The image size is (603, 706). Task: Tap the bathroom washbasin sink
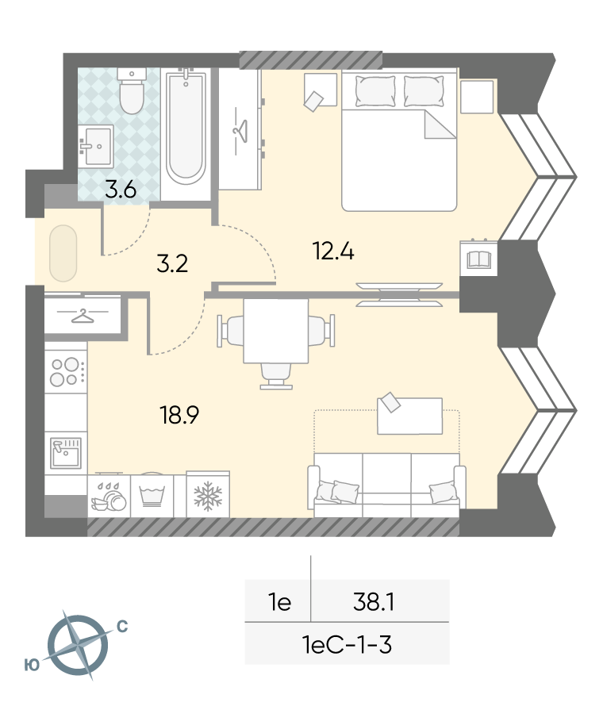[96, 146]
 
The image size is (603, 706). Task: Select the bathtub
[186, 126]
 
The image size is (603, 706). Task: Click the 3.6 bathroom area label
[121, 190]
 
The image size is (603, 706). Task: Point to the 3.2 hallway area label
[172, 264]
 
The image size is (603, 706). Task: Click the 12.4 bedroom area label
[333, 251]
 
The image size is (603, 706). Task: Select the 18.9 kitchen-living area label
[179, 415]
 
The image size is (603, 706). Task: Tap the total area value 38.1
[374, 602]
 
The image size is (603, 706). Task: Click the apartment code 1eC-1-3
[348, 645]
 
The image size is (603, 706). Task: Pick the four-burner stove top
[66, 372]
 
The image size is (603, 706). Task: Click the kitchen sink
[66, 453]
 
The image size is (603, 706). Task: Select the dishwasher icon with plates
[109, 497]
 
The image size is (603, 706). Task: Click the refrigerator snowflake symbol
[208, 496]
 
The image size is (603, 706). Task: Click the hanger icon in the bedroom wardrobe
[240, 131]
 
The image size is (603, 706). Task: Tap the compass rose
[78, 645]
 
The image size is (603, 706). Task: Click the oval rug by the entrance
[63, 253]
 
